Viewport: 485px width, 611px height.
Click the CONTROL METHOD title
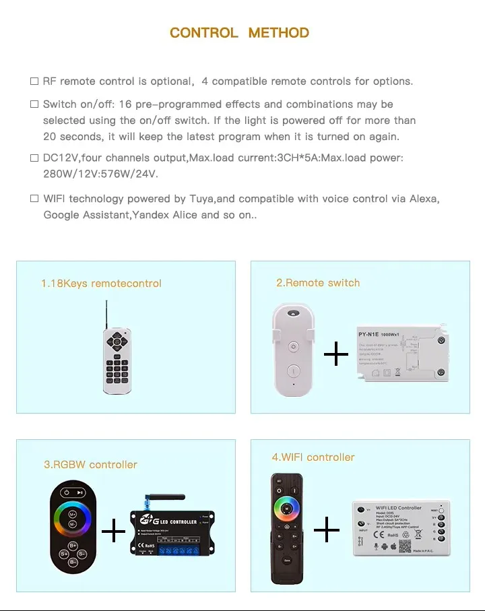click(x=239, y=32)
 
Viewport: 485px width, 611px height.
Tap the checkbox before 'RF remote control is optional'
click(x=34, y=82)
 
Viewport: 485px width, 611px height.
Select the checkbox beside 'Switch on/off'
click(x=34, y=104)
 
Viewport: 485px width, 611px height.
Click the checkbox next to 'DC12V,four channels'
click(x=34, y=158)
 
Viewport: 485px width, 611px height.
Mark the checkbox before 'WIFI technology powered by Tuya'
click(x=34, y=199)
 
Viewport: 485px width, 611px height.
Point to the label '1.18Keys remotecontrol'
click(x=101, y=284)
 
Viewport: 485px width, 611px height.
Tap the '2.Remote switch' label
click(x=318, y=283)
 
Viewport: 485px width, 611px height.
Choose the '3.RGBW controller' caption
click(x=90, y=465)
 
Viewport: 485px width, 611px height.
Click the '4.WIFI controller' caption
click(x=313, y=457)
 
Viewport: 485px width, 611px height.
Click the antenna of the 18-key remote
click(x=106, y=315)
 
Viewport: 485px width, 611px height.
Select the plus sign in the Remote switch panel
click(x=336, y=354)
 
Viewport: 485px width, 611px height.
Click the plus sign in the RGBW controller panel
click(x=114, y=532)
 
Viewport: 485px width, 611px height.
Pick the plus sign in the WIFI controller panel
click(x=327, y=530)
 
